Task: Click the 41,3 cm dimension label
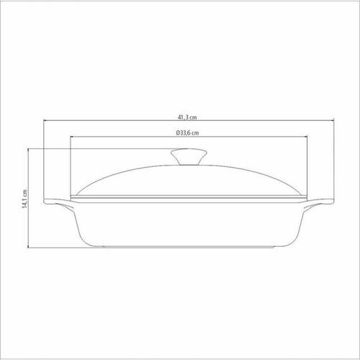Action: click(x=187, y=117)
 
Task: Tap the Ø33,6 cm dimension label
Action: click(x=187, y=132)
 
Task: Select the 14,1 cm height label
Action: click(x=25, y=199)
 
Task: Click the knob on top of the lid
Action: click(x=189, y=156)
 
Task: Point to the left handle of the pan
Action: click(x=59, y=203)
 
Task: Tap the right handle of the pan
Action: click(x=318, y=203)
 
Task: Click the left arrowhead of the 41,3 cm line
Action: click(x=45, y=120)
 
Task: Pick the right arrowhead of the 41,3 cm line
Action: click(x=332, y=120)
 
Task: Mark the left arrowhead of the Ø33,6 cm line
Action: click(x=72, y=137)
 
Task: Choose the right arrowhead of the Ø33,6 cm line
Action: click(x=305, y=137)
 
